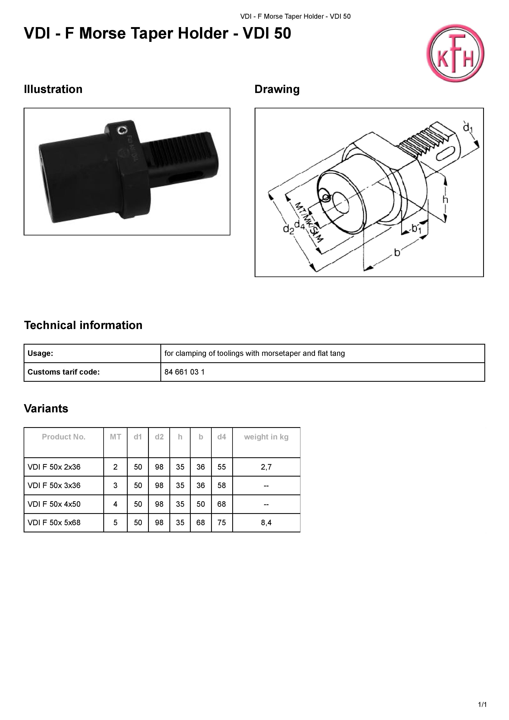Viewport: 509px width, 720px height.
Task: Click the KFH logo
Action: [455, 53]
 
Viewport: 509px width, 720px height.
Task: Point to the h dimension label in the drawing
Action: [445, 199]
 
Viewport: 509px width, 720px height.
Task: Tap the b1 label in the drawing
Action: [416, 229]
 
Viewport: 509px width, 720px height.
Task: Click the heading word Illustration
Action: [53, 89]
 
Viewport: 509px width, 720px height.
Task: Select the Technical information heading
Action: [83, 325]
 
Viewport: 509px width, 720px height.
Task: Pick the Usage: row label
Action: [40, 353]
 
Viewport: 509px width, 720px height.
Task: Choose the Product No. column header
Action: [64, 437]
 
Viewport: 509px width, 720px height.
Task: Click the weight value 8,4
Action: [266, 522]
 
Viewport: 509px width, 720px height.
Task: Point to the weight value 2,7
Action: [266, 467]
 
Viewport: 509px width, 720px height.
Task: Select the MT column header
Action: [115, 437]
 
